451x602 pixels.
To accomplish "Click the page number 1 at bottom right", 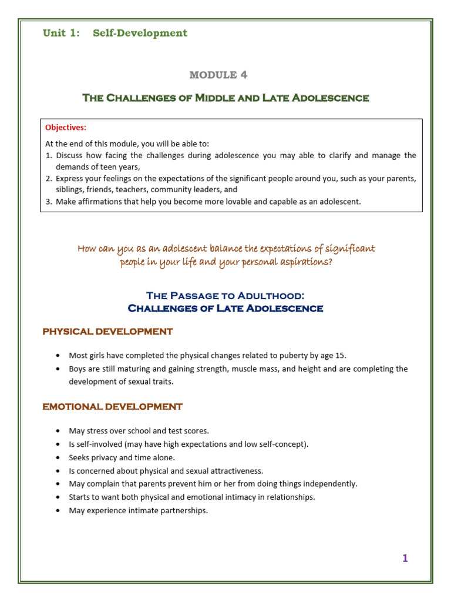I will pos(405,558).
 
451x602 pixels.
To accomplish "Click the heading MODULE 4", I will pos(218,75).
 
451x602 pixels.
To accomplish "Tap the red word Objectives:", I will pos(66,127).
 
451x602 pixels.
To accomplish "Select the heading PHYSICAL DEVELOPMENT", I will pos(107,332).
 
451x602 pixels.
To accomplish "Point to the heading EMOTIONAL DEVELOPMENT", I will pos(112,406).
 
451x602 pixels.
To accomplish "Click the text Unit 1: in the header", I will pos(61,33).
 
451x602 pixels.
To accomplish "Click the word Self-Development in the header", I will pos(140,33).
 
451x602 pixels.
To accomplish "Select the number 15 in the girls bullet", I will pos(348,355).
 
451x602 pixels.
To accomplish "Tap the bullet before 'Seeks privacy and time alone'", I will pos(56,457).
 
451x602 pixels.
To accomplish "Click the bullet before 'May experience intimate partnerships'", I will pos(56,510).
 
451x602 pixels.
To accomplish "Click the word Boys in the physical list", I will pos(78,369).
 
